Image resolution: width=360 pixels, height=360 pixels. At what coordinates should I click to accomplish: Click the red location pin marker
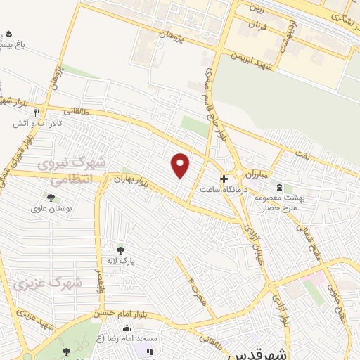181,165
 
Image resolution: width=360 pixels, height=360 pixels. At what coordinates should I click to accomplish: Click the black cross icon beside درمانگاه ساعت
224,179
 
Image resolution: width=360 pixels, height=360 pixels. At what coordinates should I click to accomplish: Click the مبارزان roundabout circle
240,173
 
